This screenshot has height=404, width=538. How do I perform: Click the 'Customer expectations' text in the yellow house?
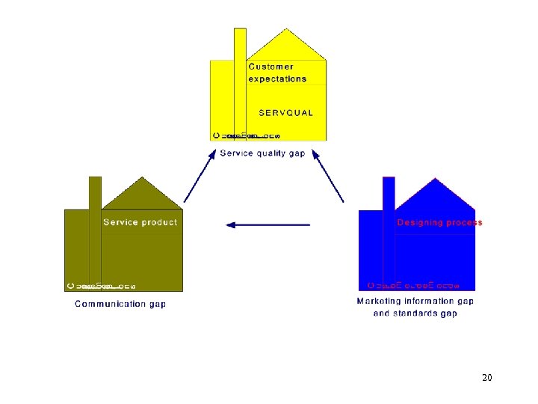(x=277, y=73)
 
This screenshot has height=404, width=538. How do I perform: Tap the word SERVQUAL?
(x=286, y=113)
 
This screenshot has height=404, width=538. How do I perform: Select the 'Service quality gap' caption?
(x=262, y=153)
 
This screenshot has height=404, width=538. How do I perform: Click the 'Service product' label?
(x=140, y=222)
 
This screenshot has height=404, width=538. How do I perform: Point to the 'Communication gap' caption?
(x=120, y=304)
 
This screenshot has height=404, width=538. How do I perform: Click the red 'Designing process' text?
(x=439, y=222)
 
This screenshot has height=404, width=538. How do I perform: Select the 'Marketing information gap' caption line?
(x=415, y=301)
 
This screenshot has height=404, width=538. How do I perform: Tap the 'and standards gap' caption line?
(x=415, y=313)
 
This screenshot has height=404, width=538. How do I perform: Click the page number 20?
(x=487, y=378)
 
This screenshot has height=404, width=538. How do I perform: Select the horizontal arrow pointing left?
(x=268, y=224)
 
